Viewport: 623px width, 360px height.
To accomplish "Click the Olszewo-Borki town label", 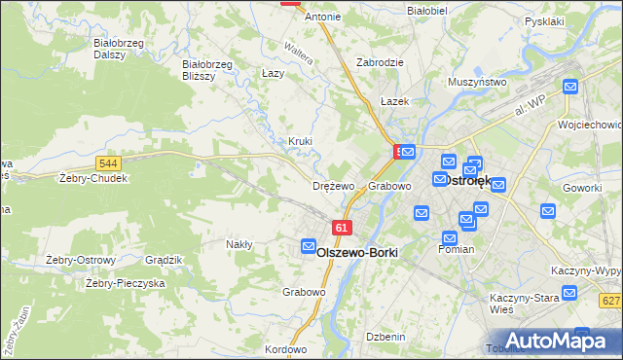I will (x=358, y=251).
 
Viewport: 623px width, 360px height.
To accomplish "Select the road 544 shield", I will (x=109, y=164).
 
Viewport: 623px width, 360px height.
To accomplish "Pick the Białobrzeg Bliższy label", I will (x=207, y=70).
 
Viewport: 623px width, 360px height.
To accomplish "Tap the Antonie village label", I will (x=322, y=18).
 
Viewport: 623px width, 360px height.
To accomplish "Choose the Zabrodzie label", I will (x=380, y=61).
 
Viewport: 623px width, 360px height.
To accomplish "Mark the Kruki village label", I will (x=300, y=141).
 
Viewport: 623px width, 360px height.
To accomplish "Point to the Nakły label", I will (x=239, y=244).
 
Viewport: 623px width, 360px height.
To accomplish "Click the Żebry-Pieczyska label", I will (x=125, y=283).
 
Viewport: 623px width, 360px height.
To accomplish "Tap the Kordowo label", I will (x=285, y=349).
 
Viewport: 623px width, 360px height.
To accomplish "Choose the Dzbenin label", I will (x=385, y=337).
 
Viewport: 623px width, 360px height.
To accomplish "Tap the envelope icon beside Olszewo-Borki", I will (x=309, y=247).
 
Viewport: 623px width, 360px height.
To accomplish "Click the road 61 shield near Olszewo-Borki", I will (x=341, y=228).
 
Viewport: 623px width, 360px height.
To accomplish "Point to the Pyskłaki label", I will (x=544, y=20).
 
